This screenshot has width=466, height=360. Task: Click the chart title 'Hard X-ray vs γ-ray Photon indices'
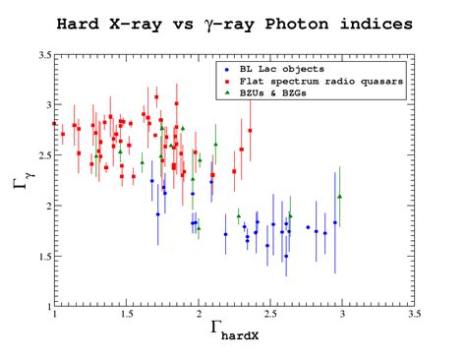(x=234, y=23)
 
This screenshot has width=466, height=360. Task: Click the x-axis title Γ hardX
(x=234, y=334)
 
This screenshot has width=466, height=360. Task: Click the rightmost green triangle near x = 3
(x=340, y=197)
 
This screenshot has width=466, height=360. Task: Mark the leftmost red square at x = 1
(x=54, y=124)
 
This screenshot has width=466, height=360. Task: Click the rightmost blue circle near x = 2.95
(x=335, y=223)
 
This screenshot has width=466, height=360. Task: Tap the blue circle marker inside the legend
(x=227, y=69)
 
